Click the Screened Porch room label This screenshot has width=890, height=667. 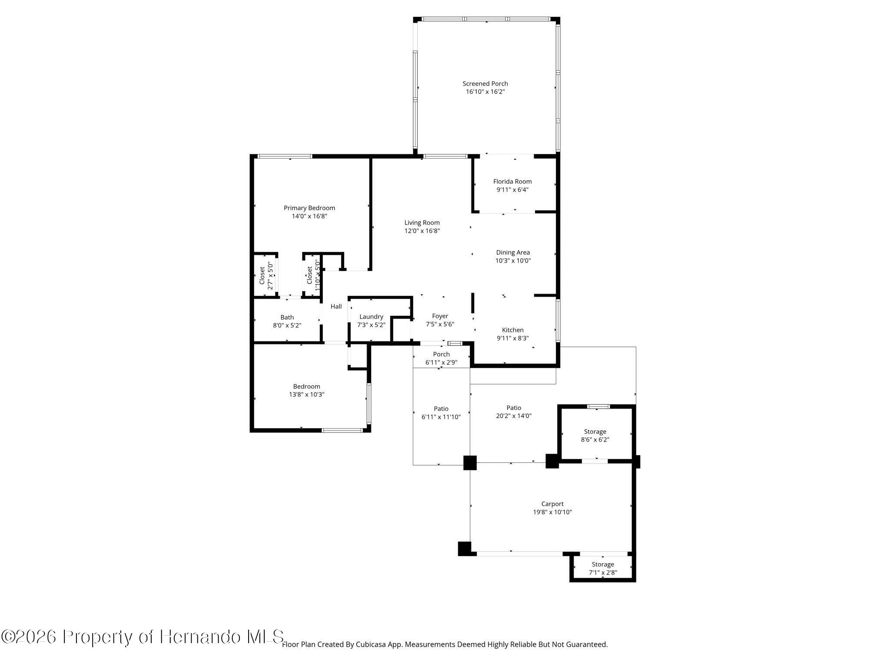[485, 84]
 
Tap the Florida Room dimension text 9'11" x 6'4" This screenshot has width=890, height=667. [512, 190]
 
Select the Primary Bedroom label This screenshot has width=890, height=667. [309, 208]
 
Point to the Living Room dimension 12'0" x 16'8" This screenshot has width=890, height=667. [422, 231]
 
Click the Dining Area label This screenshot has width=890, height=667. [513, 252]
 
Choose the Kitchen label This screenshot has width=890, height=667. [513, 330]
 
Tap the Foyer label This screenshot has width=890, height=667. [440, 316]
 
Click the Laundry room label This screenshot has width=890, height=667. [371, 317]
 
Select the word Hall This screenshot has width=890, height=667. [336, 307]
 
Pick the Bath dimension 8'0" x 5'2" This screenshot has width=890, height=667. [287, 325]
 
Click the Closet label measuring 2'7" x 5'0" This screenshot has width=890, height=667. [262, 276]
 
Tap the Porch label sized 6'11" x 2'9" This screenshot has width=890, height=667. [441, 354]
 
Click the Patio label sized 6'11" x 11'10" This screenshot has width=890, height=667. [441, 409]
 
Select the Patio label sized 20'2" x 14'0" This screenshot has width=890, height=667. [514, 408]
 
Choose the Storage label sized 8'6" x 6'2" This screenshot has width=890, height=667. [595, 432]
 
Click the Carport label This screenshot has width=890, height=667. [552, 504]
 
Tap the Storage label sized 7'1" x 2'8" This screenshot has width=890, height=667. [603, 565]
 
